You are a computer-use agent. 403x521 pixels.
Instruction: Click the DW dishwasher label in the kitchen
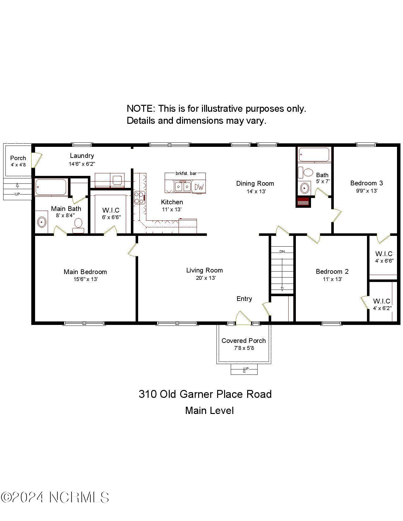tap(199, 187)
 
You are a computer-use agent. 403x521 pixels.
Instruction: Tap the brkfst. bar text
tap(186, 173)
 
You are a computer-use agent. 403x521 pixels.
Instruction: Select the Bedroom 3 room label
tap(366, 183)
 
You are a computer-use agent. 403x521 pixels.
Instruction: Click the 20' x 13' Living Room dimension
tap(205, 278)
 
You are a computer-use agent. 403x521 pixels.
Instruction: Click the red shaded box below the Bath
tap(303, 202)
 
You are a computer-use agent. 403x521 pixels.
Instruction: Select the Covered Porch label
tap(243, 341)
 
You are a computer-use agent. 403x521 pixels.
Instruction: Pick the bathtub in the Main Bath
tap(51, 187)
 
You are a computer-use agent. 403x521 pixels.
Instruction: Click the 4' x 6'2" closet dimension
tap(382, 308)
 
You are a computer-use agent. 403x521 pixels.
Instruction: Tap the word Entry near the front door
tap(244, 299)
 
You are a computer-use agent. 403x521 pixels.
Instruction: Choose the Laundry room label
tap(82, 156)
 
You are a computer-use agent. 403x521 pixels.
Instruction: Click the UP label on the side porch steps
tap(17, 194)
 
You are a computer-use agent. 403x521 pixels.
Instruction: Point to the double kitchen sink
tap(183, 187)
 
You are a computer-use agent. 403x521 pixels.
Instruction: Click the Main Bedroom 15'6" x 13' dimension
tap(85, 279)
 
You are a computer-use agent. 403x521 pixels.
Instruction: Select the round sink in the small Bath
tap(304, 188)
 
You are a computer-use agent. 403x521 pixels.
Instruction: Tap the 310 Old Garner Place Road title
tap(205, 394)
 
